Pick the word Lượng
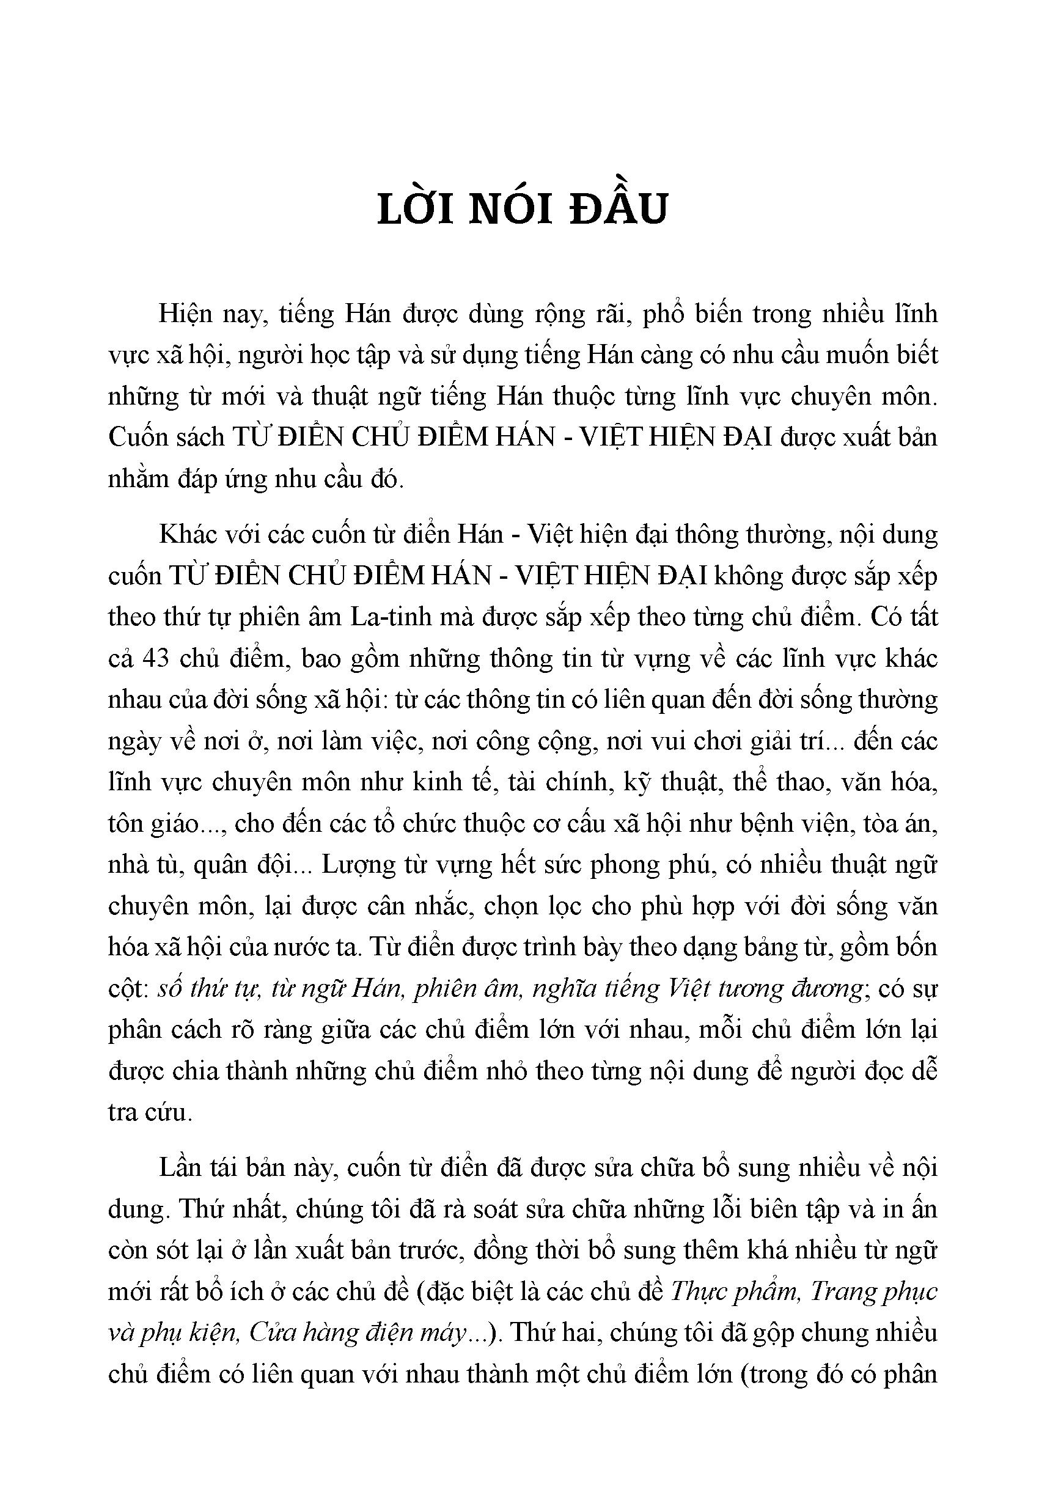(x=357, y=865)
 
